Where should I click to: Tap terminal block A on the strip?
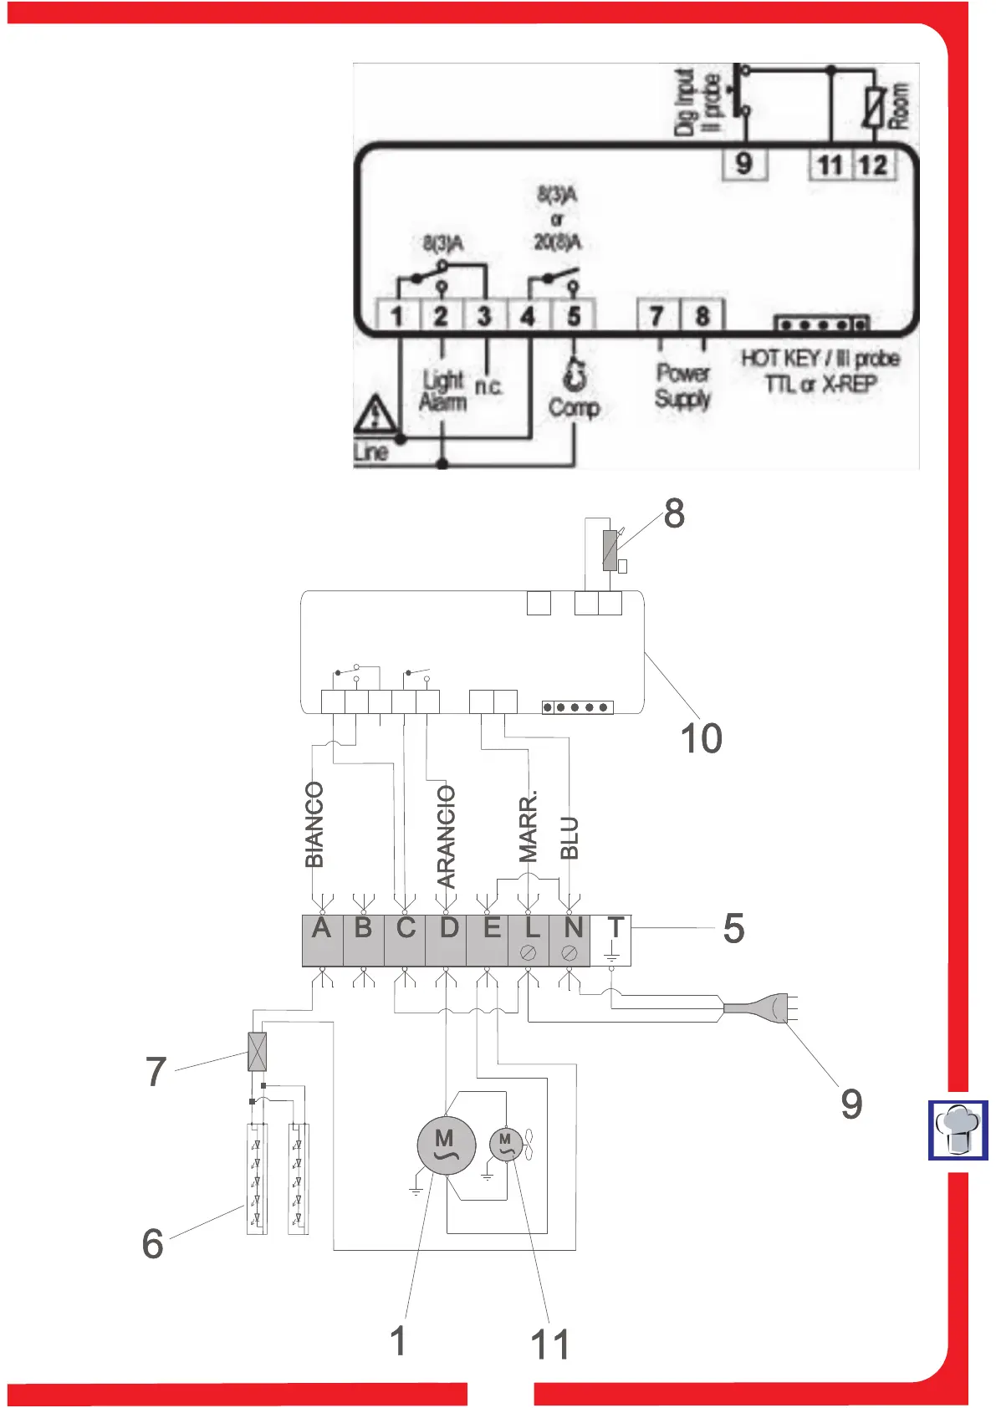[322, 941]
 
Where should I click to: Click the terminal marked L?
[529, 941]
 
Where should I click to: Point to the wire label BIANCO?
[314, 824]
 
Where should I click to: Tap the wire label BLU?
[570, 839]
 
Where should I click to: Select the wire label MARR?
[529, 826]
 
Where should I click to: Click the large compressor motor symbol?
[447, 1145]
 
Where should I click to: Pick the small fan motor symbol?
[505, 1144]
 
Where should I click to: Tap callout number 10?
[701, 738]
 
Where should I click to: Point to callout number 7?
[156, 1072]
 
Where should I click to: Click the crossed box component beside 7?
[258, 1052]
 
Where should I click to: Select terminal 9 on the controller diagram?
[743, 163]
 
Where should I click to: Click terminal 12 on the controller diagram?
[872, 164]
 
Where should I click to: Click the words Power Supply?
[682, 385]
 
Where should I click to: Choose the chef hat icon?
[958, 1130]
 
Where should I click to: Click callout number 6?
[153, 1243]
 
